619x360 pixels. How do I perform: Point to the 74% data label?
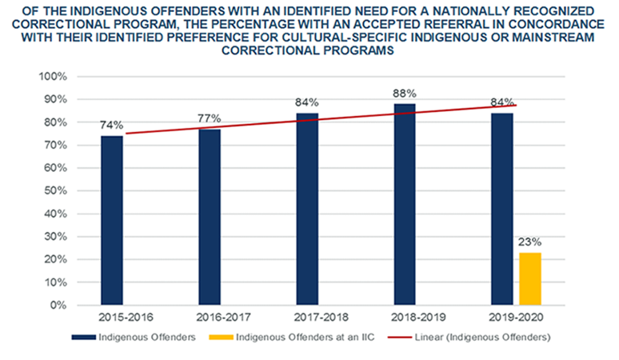(x=112, y=126)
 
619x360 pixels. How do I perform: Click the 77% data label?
(x=210, y=118)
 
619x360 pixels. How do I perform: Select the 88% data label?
(x=405, y=94)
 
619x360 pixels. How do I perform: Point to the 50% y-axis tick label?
(x=55, y=191)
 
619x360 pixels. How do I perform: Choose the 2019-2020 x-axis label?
(x=501, y=318)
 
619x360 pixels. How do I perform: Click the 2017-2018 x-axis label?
(x=307, y=318)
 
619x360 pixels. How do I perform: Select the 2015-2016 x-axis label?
(x=112, y=318)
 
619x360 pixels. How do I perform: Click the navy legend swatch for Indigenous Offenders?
(x=82, y=338)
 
